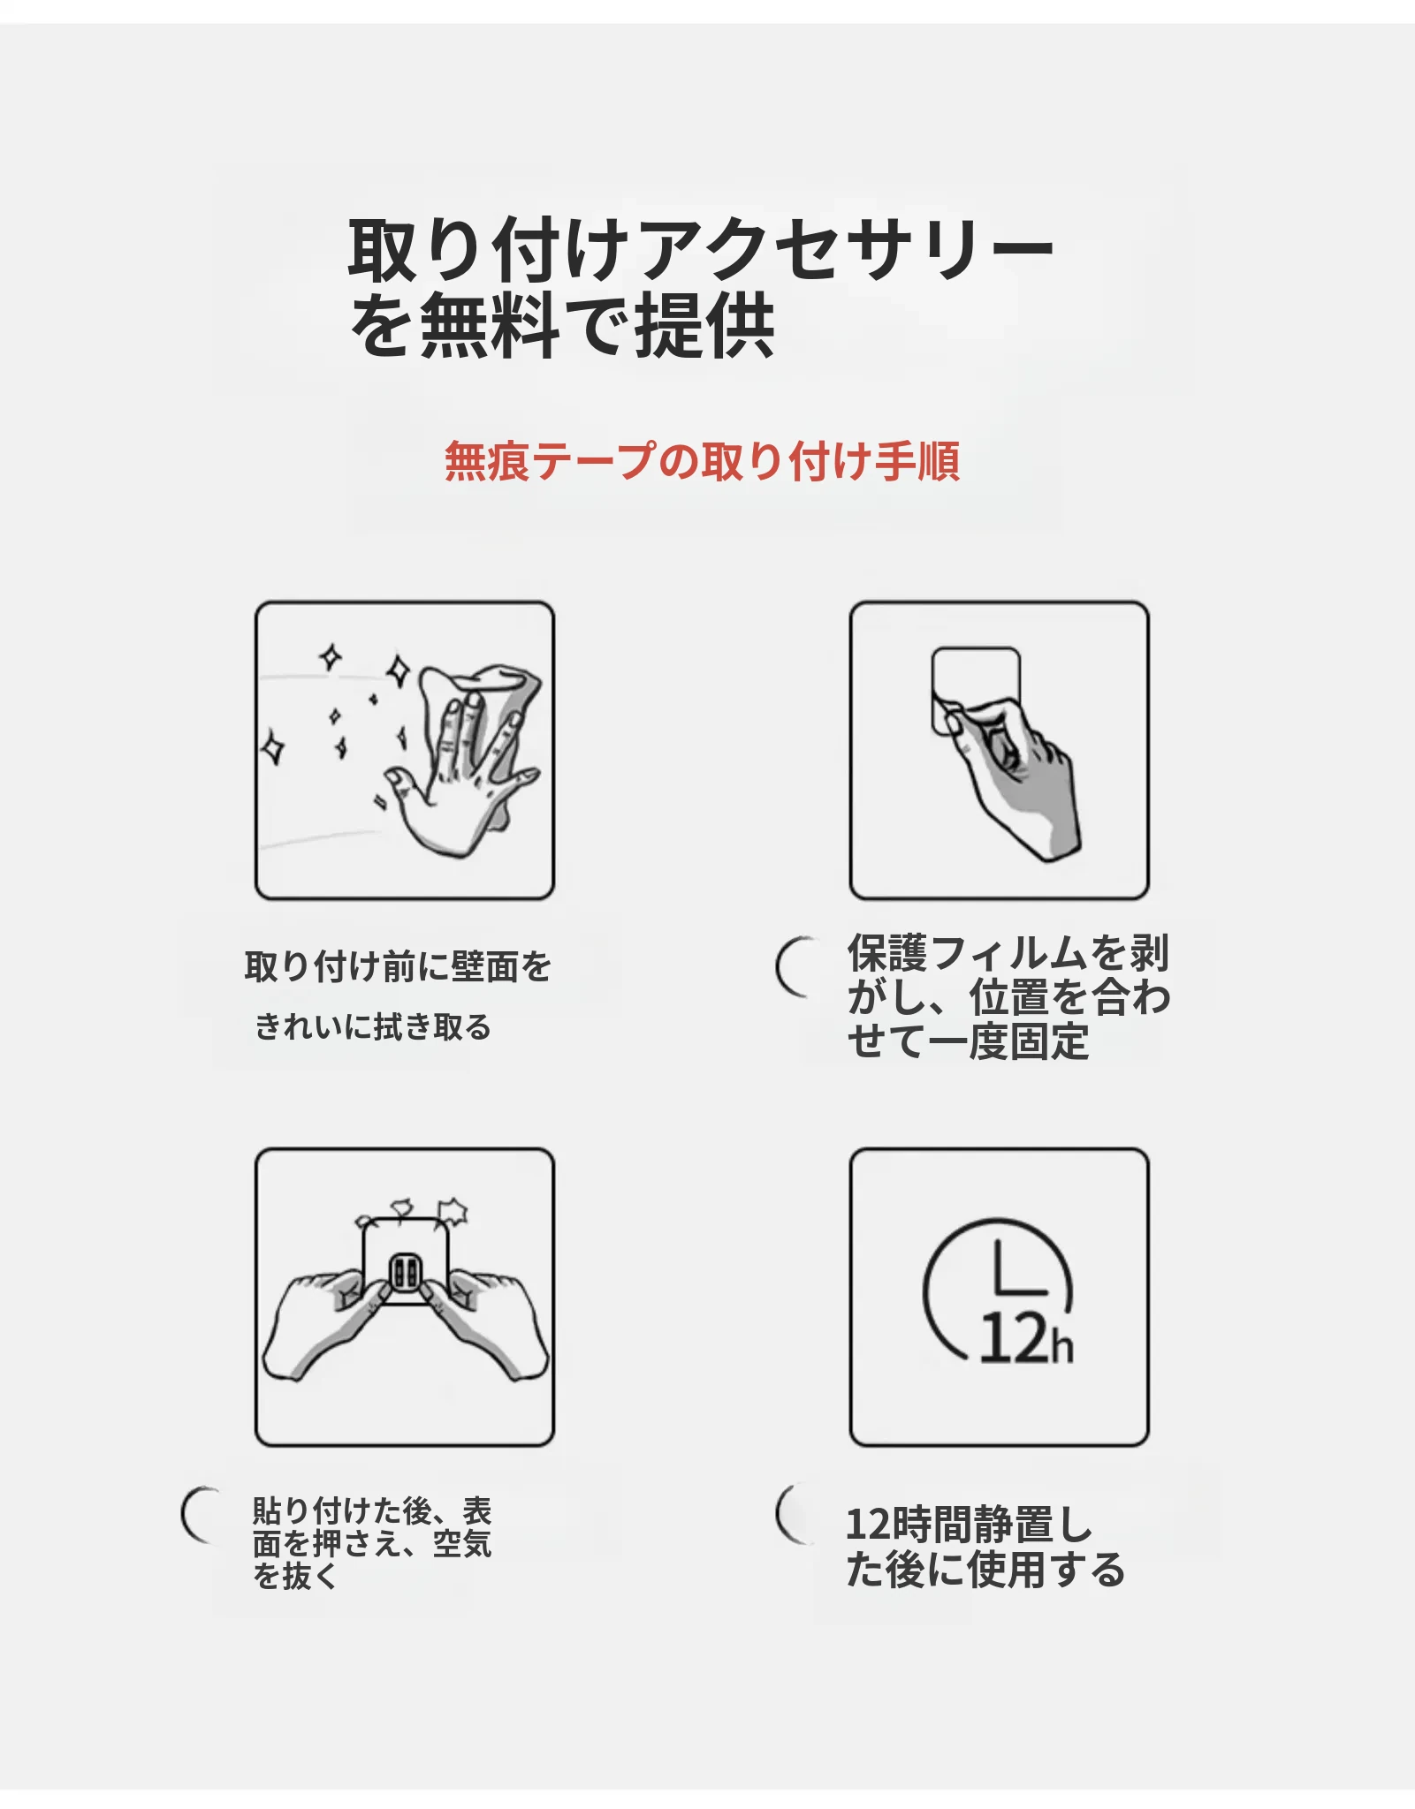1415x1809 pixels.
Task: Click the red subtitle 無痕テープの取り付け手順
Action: (x=702, y=461)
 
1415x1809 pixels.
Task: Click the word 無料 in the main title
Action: (x=490, y=325)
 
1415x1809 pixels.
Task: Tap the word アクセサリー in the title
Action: (x=845, y=249)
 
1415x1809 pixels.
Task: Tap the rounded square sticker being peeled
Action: (x=976, y=690)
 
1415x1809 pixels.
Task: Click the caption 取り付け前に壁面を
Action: (x=398, y=966)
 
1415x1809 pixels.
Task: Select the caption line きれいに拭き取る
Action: (x=372, y=1027)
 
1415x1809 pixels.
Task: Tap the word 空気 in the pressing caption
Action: (x=462, y=1543)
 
